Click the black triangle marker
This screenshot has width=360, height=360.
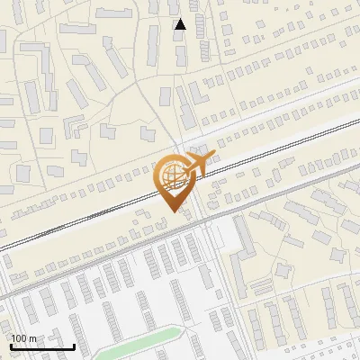(x=180, y=24)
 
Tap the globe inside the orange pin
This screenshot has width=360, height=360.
(x=171, y=174)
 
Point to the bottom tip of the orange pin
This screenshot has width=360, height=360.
(x=172, y=210)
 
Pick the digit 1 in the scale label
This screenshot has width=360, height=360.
(x=13, y=338)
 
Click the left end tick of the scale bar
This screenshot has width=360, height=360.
(x=10, y=346)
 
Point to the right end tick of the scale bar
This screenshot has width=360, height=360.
(x=74, y=346)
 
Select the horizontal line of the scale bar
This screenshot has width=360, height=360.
(x=41, y=347)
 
